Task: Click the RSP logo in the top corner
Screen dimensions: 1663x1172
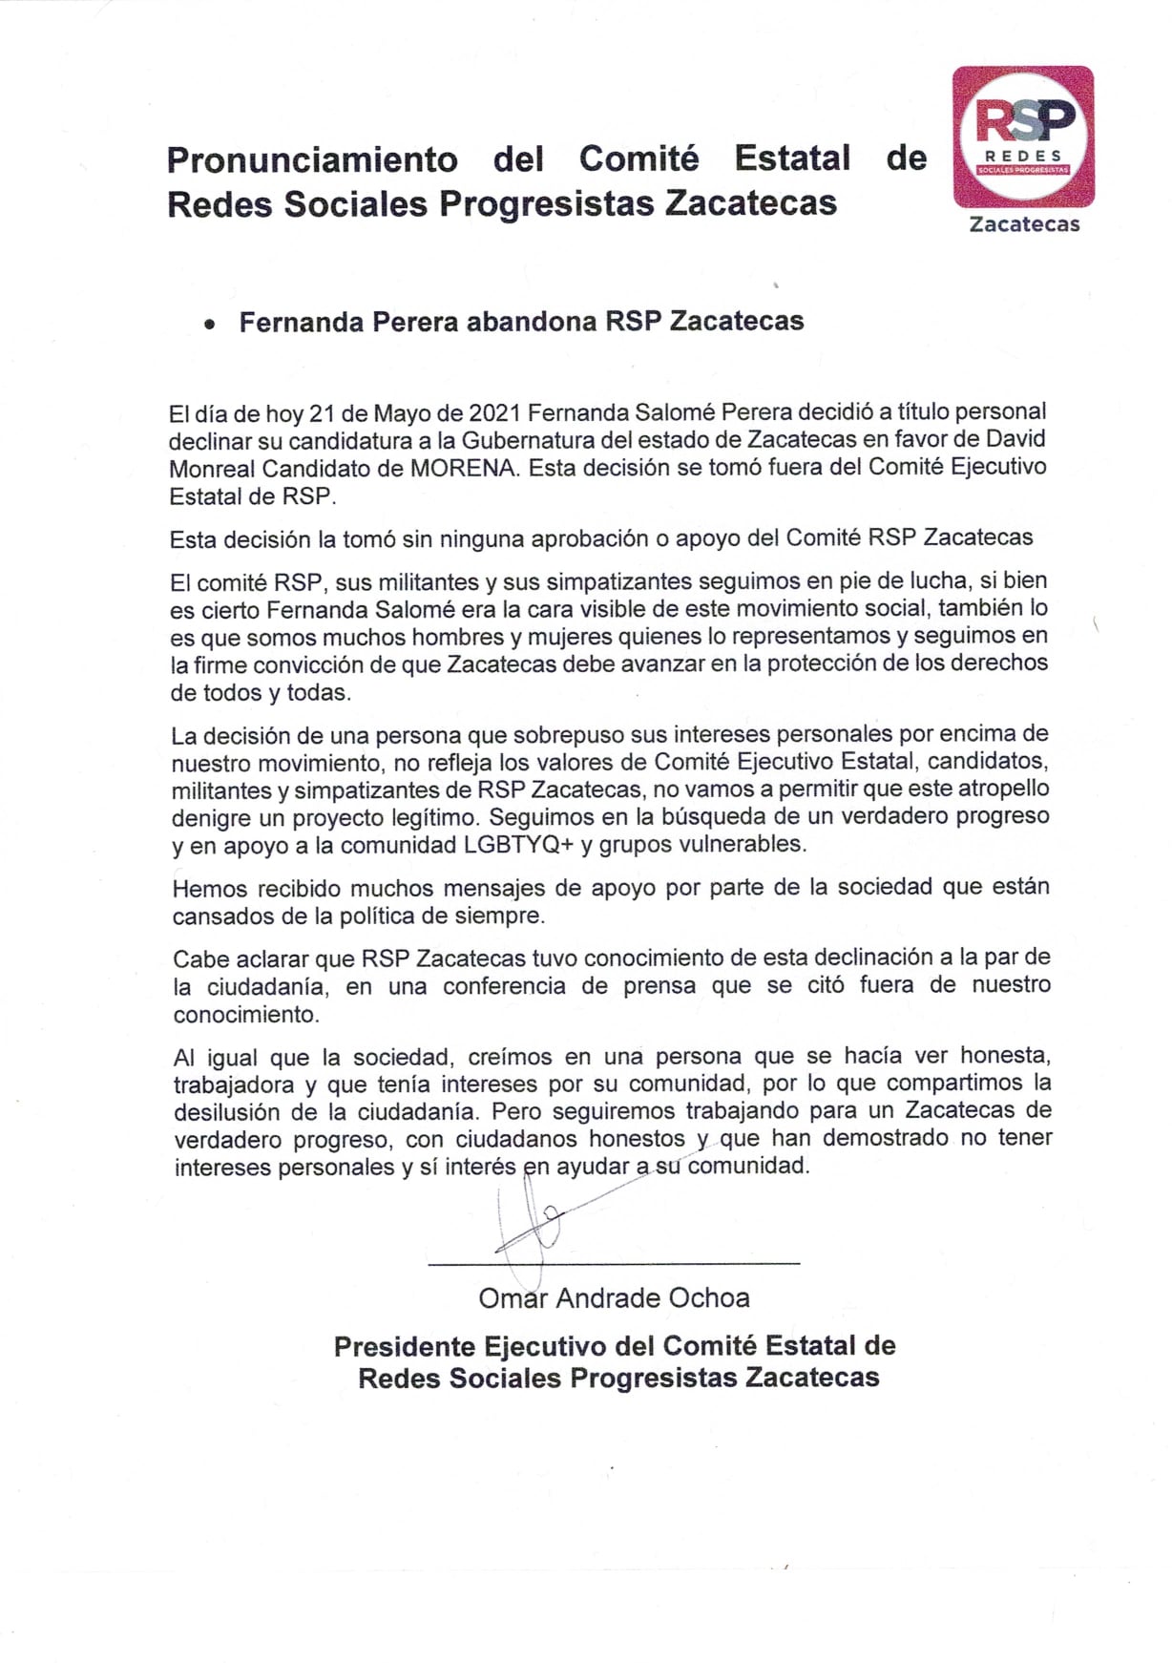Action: pos(1023,136)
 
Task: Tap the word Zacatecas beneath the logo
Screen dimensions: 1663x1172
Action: pos(1024,224)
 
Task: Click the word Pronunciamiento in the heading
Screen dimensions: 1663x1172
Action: pos(312,158)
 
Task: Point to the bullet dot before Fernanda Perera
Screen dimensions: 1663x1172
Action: pos(209,325)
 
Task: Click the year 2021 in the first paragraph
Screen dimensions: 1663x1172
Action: pos(493,412)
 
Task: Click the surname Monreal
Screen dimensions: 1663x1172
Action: pos(213,468)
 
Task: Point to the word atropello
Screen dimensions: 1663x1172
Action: pos(1001,789)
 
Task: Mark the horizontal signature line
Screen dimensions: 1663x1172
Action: pos(614,1264)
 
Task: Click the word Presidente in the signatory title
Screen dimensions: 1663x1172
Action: pos(404,1346)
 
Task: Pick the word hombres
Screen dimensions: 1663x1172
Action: pos(375,636)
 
